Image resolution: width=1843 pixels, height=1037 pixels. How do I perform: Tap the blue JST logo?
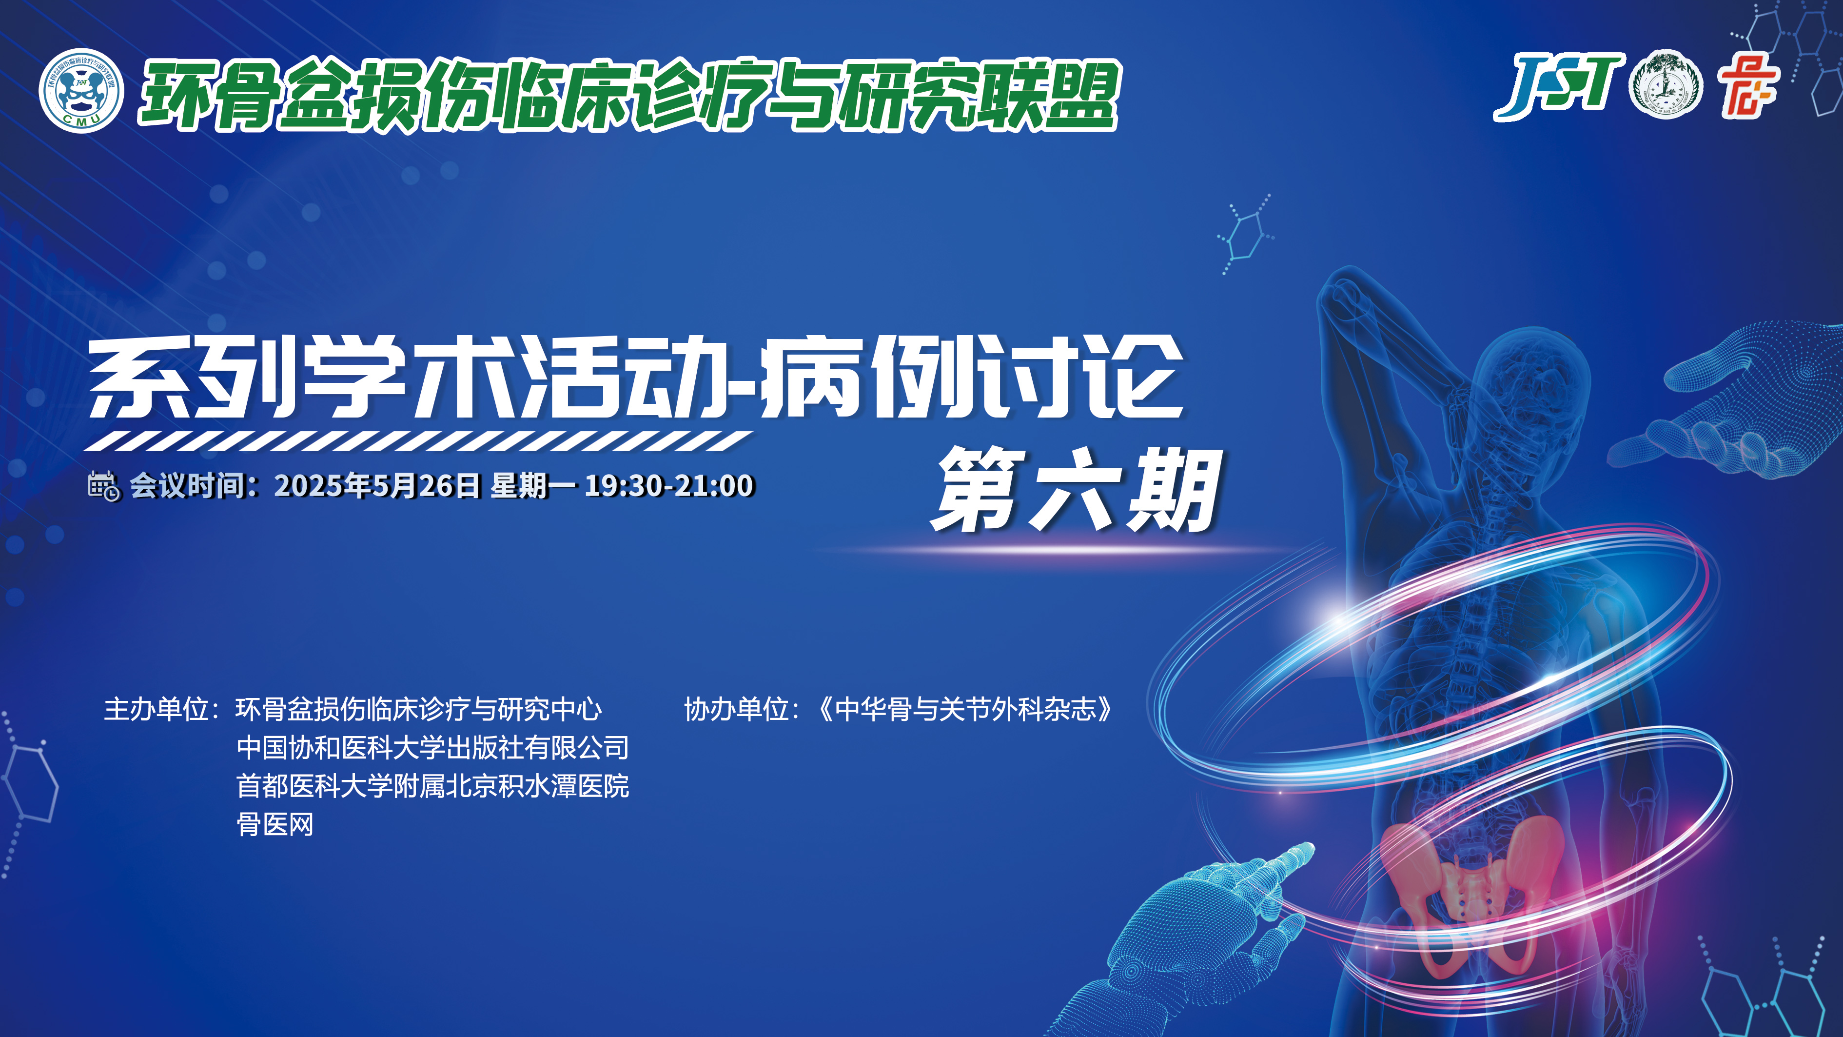(1557, 87)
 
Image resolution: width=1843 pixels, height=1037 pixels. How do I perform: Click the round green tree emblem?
(1666, 84)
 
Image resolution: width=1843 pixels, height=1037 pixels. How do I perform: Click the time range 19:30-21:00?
(669, 486)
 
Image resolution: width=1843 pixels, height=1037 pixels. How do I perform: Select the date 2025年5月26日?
(377, 486)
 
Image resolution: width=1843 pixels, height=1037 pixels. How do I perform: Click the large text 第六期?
(1075, 490)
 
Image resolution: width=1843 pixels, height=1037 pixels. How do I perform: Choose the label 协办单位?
(737, 709)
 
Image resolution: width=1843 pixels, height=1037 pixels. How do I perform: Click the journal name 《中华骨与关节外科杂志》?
(966, 709)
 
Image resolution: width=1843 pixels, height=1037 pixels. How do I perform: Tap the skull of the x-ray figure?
(1531, 386)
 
